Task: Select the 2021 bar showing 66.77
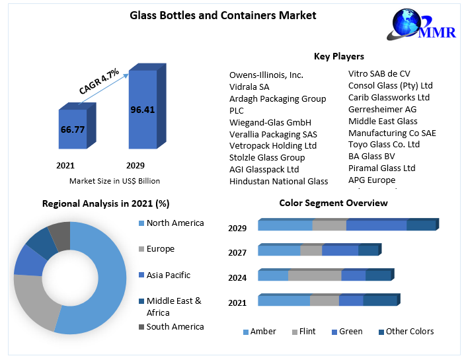pos(73,129)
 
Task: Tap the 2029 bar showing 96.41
pos(142,110)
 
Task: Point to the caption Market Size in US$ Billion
pos(114,180)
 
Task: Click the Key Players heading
pos(338,56)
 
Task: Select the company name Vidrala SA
pos(249,87)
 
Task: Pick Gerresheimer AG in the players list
pos(382,109)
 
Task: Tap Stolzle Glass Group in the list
pos(267,157)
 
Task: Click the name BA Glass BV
pos(371,156)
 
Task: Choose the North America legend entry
pos(174,223)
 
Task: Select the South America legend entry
pos(174,326)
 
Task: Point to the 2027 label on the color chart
pos(237,252)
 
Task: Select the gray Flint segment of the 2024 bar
pos(315,275)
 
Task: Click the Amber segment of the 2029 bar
pos(285,226)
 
